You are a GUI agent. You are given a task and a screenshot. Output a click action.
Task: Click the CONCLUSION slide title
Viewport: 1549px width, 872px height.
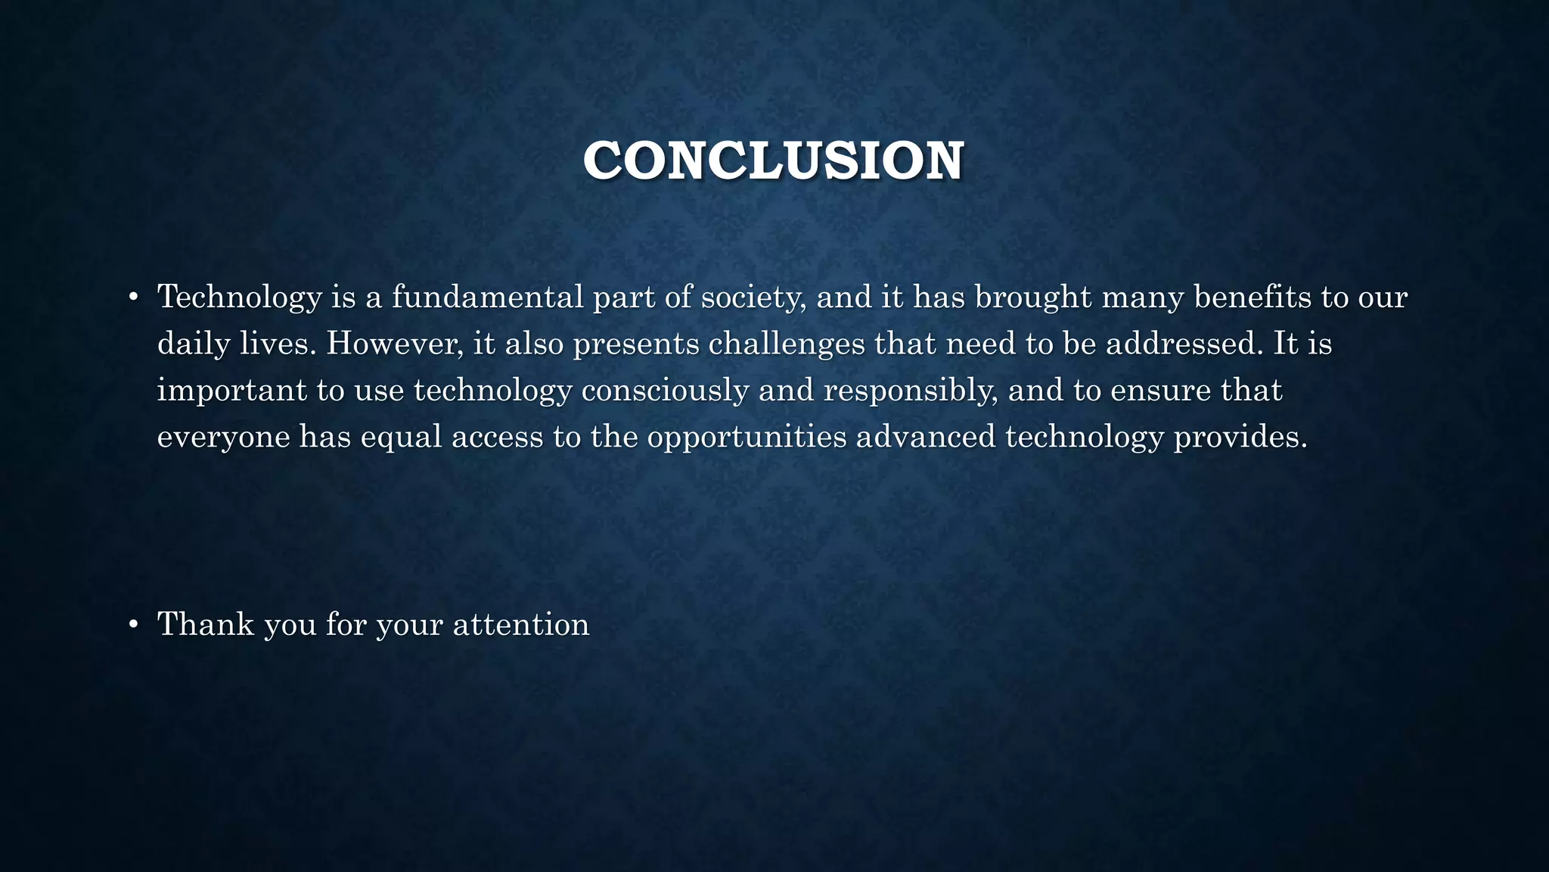[773, 161]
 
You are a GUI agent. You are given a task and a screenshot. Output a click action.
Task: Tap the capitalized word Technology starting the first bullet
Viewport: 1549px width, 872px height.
[239, 297]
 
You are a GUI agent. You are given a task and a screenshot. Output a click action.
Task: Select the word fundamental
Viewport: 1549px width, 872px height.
[487, 297]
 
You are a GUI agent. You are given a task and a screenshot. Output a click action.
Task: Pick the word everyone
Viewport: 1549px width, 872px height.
[223, 438]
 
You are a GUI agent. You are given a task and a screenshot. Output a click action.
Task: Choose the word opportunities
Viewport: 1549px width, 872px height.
[747, 438]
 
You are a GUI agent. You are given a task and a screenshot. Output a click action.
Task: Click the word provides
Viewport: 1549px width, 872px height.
[1240, 438]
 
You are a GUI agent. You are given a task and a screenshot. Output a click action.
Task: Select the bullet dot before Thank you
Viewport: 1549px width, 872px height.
[133, 625]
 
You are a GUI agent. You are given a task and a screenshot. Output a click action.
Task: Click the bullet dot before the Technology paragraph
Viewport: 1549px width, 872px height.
[133, 297]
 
